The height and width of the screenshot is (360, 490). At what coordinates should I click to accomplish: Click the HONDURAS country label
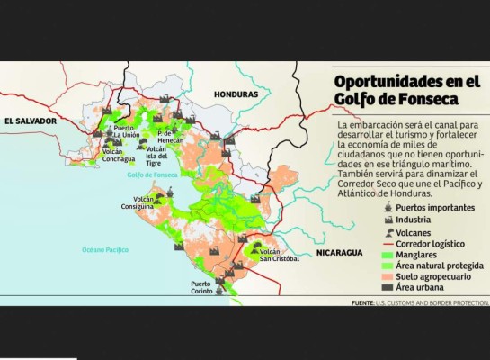click(x=236, y=94)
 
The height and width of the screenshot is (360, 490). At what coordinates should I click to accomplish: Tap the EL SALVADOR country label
click(x=30, y=120)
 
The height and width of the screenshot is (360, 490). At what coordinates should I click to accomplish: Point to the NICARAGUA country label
click(x=339, y=253)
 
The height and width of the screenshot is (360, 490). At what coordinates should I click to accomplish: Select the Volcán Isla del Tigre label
click(x=156, y=155)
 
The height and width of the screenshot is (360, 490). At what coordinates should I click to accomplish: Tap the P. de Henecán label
click(x=170, y=136)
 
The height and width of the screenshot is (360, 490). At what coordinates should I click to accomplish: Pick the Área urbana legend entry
click(x=420, y=287)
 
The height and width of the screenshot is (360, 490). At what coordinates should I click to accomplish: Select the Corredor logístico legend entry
click(x=431, y=244)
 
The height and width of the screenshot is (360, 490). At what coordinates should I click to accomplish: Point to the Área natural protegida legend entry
click(x=438, y=265)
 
